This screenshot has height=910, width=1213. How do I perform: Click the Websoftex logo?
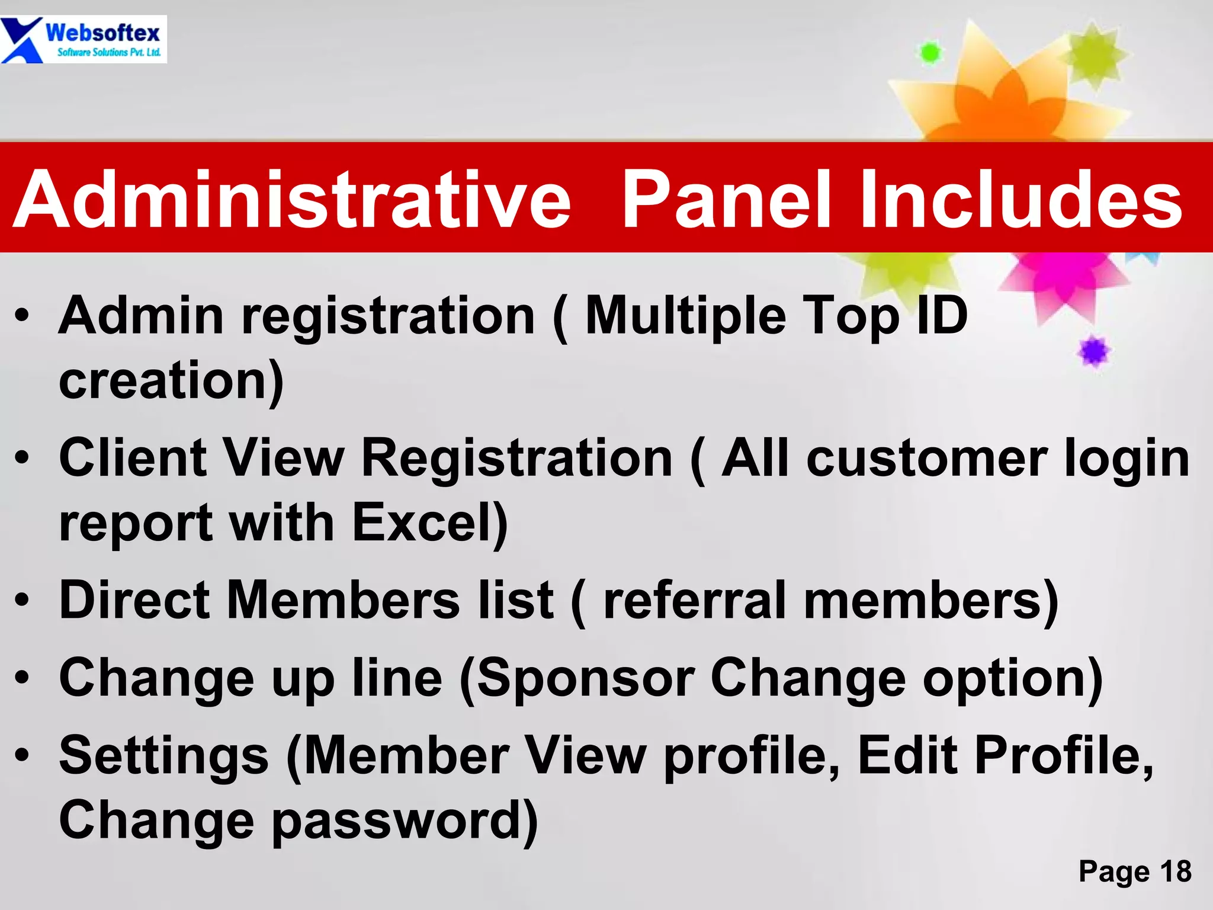pyautogui.click(x=83, y=39)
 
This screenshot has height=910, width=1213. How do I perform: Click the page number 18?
pyautogui.click(x=1175, y=871)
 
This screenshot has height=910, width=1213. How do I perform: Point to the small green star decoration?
pyautogui.click(x=930, y=53)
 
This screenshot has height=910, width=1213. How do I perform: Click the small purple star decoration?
pyautogui.click(x=1094, y=352)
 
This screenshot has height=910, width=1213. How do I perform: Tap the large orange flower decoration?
pyautogui.click(x=1001, y=95)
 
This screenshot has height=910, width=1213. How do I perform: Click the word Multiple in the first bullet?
pyautogui.click(x=685, y=317)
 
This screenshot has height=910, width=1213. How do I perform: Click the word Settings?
pyautogui.click(x=164, y=756)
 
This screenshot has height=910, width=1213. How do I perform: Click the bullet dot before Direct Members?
pyautogui.click(x=22, y=600)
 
